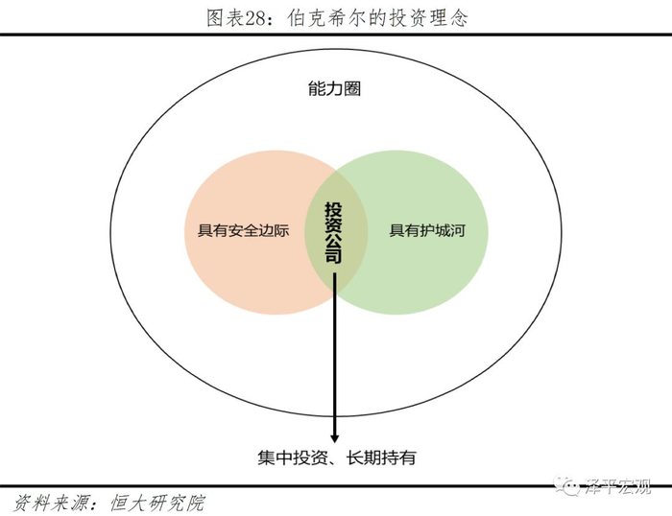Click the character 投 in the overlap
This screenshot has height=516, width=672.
click(x=334, y=207)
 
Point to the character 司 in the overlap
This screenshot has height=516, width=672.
click(x=334, y=257)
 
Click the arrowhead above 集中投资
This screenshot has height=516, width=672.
click(x=335, y=434)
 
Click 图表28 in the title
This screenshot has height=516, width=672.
click(x=235, y=16)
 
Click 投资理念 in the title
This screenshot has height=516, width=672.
click(x=432, y=16)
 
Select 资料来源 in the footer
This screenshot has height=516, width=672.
click(x=43, y=502)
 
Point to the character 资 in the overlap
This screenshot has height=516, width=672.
click(x=334, y=223)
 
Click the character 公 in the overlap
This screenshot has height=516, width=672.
click(x=334, y=241)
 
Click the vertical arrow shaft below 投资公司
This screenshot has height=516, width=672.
click(x=335, y=355)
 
